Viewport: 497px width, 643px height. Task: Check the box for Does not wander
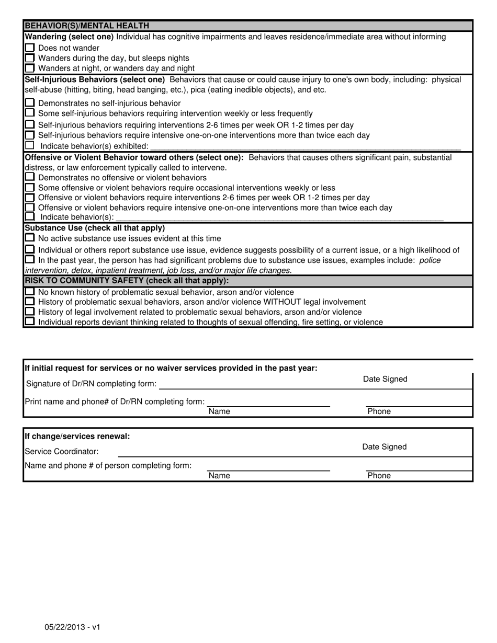(x=30, y=48)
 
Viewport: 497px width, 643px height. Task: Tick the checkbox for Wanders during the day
(x=30, y=58)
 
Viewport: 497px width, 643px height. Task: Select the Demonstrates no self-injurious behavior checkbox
(x=30, y=103)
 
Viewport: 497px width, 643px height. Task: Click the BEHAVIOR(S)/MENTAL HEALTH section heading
(x=87, y=26)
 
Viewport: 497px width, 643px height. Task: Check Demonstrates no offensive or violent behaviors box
(x=30, y=177)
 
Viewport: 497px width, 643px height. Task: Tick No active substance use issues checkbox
(x=30, y=238)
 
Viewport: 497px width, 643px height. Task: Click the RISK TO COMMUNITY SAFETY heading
(x=127, y=281)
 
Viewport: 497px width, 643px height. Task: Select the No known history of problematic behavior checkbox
(x=30, y=292)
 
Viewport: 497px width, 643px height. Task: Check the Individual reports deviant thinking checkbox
(x=30, y=322)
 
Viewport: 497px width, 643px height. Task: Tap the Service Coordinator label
(x=61, y=451)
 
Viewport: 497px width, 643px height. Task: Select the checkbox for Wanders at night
(x=30, y=68)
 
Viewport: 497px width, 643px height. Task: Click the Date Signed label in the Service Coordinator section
(x=384, y=447)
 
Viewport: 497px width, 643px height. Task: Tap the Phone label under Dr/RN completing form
(x=379, y=411)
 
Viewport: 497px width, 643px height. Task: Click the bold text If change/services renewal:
(x=77, y=436)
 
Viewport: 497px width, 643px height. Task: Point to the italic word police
(x=430, y=260)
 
